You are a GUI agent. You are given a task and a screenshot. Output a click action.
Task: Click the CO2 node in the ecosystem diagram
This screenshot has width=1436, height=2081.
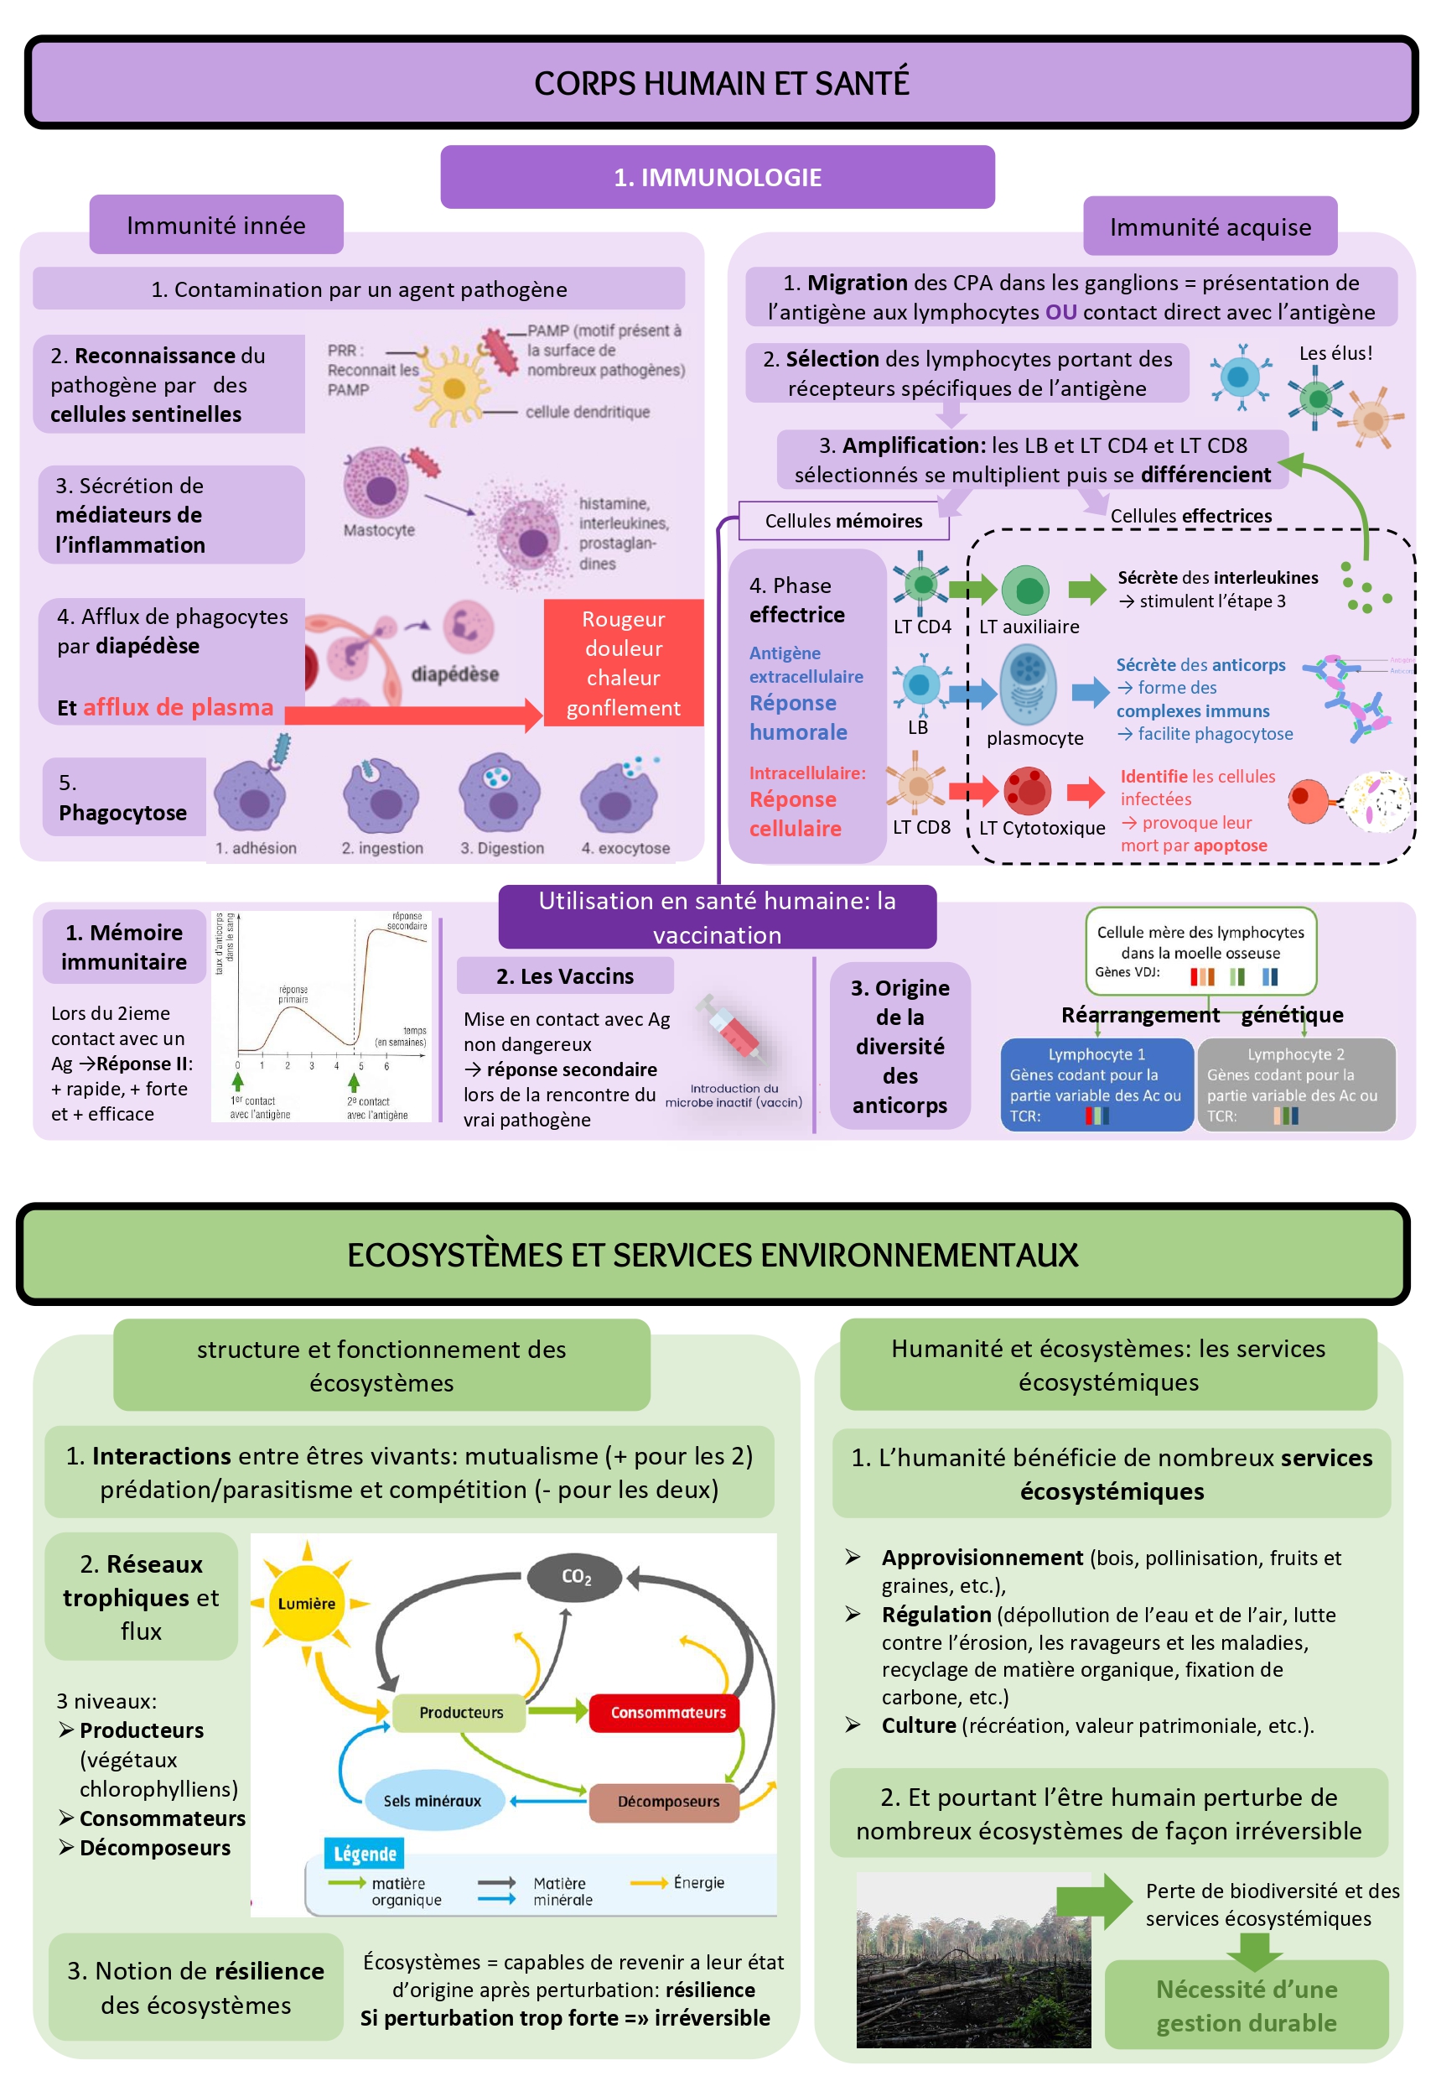pos(576,1576)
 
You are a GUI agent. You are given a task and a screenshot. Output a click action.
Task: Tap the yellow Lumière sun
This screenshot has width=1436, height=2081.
pos(307,1603)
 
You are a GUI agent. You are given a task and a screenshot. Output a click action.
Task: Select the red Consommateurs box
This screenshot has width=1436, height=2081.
pos(667,1712)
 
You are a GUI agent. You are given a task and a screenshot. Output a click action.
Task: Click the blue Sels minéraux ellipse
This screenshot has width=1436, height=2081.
pos(432,1800)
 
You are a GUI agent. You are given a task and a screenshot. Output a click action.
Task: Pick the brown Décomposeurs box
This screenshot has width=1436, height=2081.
pos(667,1801)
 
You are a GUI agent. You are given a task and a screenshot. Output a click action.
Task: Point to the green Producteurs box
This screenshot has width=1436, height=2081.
pos(461,1712)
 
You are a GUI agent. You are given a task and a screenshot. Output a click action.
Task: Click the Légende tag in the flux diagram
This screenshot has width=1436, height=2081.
pos(365,1854)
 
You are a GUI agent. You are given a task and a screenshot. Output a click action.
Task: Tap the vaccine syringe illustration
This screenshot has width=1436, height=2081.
pos(734,1029)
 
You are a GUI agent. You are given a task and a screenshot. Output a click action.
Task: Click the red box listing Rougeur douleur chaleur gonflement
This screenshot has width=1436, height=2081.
pos(623,663)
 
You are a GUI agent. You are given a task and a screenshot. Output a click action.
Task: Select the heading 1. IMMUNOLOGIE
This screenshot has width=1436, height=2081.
pos(717,177)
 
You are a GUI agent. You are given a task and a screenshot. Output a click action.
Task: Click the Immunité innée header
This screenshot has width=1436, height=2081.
pos(216,225)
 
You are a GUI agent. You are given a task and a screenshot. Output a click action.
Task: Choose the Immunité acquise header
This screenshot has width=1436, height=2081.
pos(1210,226)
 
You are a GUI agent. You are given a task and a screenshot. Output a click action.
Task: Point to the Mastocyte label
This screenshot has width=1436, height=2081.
pos(379,530)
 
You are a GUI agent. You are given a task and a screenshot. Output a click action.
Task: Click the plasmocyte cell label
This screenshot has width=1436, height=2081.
pos(1034,738)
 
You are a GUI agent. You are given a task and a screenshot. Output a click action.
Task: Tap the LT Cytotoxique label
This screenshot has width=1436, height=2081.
pos(1042,828)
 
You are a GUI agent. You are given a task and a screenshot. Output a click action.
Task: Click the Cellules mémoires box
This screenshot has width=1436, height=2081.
pos(843,520)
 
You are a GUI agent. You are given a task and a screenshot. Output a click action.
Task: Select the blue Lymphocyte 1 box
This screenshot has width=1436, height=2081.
pos(1096,1084)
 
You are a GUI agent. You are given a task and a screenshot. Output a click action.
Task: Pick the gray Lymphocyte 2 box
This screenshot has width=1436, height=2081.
pos(1296,1084)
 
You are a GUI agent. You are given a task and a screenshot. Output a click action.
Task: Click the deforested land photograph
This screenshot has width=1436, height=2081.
pos(972,1959)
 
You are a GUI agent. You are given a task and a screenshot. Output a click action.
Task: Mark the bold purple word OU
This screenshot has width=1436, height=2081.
pos(1060,312)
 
